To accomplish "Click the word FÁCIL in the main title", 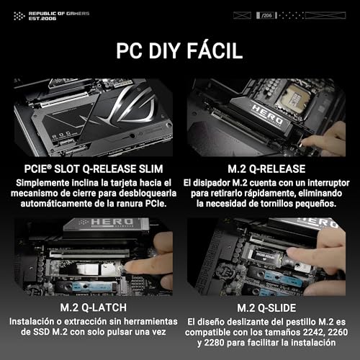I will (x=212, y=52).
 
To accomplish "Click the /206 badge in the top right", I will (x=268, y=14).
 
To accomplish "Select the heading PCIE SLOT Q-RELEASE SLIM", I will (x=91, y=168).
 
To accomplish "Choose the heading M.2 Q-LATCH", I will (x=91, y=308).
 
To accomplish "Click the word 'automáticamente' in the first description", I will (x=53, y=204).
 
